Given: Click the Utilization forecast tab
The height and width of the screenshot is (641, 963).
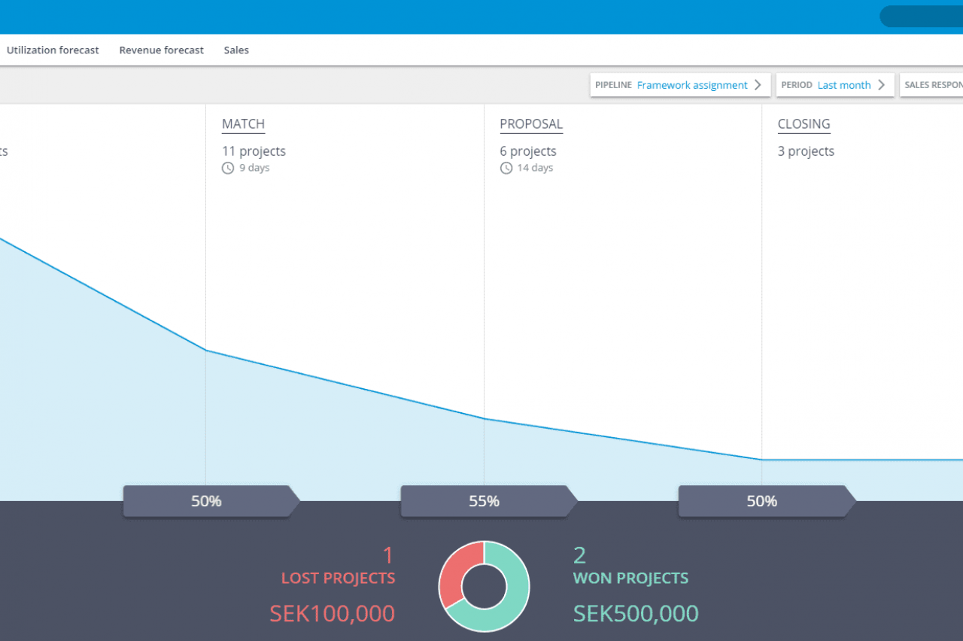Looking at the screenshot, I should coord(53,50).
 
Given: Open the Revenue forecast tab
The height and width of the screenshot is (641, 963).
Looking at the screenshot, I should coord(161,50).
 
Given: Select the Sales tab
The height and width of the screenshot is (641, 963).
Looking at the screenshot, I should coord(236,50).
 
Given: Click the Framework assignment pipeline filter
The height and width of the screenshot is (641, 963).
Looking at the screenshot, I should coord(692,85).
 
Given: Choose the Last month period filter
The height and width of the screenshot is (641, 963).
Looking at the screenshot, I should coord(843,85).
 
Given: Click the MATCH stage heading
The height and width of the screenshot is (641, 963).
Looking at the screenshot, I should coord(243,124).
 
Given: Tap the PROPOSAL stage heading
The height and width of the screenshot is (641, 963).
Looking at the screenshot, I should coord(531,124).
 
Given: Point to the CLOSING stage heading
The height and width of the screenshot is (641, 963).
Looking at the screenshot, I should coord(804,124).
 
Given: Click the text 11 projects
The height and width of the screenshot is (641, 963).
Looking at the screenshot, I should coord(254,151).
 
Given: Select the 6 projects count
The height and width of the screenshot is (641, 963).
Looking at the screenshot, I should coord(528,151).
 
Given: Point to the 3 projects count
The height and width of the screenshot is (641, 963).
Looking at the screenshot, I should coord(806,151).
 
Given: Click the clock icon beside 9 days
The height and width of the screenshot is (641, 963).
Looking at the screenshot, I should coord(228,168).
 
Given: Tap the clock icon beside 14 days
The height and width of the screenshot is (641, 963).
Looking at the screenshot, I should coord(506,168).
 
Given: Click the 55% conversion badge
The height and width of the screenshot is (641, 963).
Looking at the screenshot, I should coord(485,501).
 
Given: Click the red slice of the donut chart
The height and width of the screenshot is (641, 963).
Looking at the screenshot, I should coord(451,572).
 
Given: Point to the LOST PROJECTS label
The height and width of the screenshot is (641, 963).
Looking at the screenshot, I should coord(338,579).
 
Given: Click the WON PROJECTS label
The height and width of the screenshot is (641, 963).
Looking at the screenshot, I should coord(630,579).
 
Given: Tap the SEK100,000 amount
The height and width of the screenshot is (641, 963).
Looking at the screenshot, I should coord(332,613).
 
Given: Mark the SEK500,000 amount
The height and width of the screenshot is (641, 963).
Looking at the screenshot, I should coord(636,613).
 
